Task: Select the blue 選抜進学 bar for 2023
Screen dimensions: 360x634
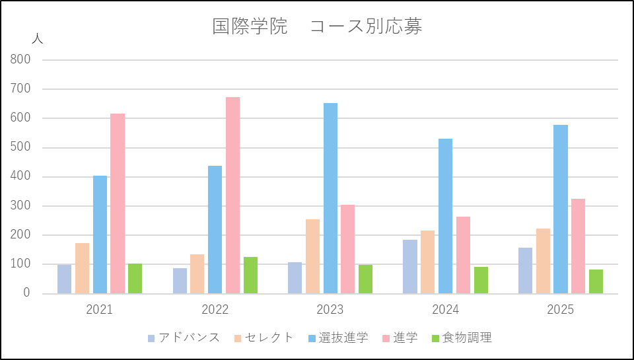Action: point(330,198)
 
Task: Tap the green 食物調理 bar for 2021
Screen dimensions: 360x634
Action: point(135,278)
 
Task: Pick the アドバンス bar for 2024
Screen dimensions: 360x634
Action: point(410,266)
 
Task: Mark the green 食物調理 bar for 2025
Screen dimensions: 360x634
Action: point(596,281)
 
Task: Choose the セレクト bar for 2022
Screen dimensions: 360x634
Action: point(197,273)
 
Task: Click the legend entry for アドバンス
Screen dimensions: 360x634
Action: point(184,338)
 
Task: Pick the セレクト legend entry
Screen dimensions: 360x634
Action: point(264,338)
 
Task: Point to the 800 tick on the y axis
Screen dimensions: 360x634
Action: point(20,59)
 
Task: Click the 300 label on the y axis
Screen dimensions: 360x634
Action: point(20,205)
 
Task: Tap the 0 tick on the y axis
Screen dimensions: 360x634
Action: point(27,293)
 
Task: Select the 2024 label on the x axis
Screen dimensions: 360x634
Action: point(446,310)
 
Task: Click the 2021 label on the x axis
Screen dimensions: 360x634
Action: point(100,310)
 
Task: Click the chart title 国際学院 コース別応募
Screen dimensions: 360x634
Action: point(317,26)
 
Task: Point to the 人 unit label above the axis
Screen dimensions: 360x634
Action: point(37,38)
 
